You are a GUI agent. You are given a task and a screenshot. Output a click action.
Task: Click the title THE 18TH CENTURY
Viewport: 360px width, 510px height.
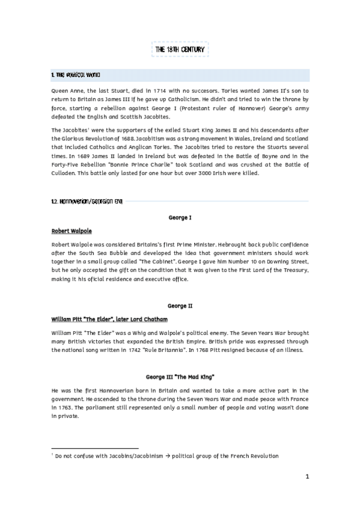180,49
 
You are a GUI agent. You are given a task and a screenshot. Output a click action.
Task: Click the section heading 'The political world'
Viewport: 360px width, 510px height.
76,75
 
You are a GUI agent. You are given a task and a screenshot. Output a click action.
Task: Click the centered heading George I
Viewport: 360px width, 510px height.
180,217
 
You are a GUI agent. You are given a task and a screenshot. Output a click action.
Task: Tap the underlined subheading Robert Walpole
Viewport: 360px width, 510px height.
72,231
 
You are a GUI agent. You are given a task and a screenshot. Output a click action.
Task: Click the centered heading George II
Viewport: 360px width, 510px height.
180,306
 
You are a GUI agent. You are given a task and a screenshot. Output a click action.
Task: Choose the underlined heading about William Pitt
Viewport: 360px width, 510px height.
109,319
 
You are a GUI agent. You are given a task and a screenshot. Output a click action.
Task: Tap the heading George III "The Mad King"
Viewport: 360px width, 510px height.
180,377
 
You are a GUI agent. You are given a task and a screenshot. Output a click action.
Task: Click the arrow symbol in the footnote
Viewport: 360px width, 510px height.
168,456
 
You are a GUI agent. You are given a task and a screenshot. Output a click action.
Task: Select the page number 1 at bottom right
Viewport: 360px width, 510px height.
307,477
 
